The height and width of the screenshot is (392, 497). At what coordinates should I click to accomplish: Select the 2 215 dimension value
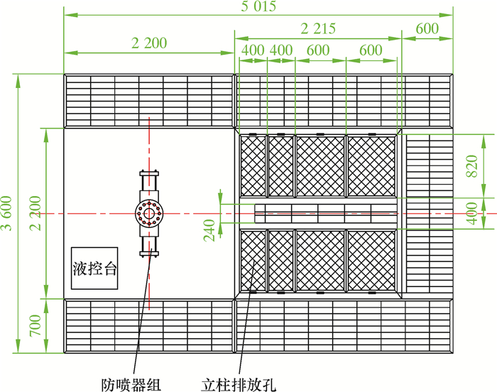click(x=317, y=28)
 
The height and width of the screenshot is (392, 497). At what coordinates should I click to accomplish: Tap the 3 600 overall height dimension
click(x=8, y=213)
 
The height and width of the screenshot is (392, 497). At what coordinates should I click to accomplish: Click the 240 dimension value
click(x=211, y=229)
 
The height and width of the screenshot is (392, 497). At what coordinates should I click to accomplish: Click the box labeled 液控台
click(x=94, y=268)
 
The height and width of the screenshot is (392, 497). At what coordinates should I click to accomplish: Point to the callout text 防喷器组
click(x=132, y=384)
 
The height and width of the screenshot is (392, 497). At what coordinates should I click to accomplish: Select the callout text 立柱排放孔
click(x=237, y=384)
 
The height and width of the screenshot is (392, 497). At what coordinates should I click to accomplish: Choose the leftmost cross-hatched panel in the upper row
click(x=253, y=165)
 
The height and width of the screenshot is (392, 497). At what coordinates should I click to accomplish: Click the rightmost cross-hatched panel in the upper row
click(x=371, y=165)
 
